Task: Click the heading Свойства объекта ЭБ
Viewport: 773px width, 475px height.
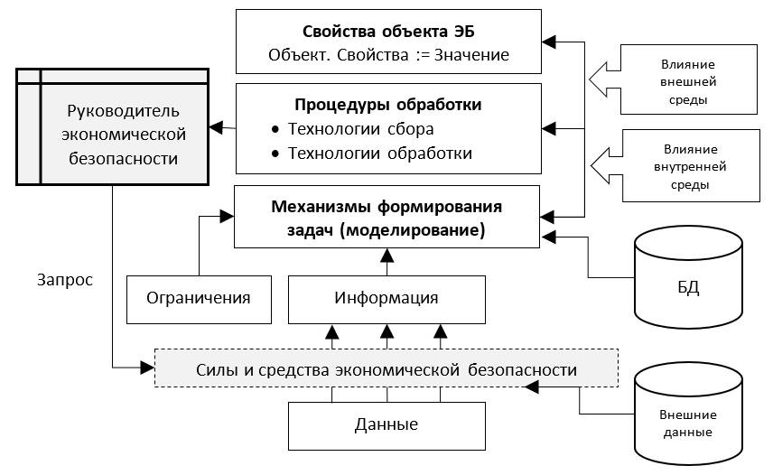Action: pyautogui.click(x=388, y=32)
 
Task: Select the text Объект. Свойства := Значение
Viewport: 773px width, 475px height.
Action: pyautogui.click(x=388, y=55)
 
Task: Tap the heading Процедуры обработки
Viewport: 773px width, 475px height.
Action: pyautogui.click(x=388, y=105)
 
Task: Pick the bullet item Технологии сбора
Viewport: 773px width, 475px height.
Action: pyautogui.click(x=361, y=128)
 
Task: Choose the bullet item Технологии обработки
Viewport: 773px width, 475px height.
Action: pyautogui.click(x=380, y=154)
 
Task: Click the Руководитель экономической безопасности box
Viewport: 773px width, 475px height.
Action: pyautogui.click(x=112, y=127)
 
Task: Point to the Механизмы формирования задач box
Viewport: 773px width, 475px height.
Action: pyautogui.click(x=387, y=217)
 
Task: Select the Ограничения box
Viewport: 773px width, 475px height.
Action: pyautogui.click(x=200, y=300)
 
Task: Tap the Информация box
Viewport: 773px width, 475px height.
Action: pyautogui.click(x=387, y=300)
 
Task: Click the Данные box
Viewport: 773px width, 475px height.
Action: pyautogui.click(x=387, y=426)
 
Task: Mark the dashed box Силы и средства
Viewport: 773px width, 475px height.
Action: pyautogui.click(x=386, y=368)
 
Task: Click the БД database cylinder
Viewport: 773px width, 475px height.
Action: pyautogui.click(x=688, y=277)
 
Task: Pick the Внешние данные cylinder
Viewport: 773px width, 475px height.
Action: pyautogui.click(x=688, y=414)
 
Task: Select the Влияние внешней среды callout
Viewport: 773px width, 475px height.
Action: pyautogui.click(x=673, y=79)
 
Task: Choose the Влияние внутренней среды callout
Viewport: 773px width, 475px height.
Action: pyautogui.click(x=675, y=165)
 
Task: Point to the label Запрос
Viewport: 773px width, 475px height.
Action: pyautogui.click(x=65, y=280)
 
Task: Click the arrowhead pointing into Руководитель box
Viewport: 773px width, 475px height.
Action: pyautogui.click(x=216, y=127)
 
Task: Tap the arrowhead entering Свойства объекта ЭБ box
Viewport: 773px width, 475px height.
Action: pyautogui.click(x=549, y=42)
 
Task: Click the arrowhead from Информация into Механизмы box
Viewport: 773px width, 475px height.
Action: pyautogui.click(x=387, y=256)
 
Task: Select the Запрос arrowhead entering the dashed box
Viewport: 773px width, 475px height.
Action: pyautogui.click(x=147, y=368)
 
